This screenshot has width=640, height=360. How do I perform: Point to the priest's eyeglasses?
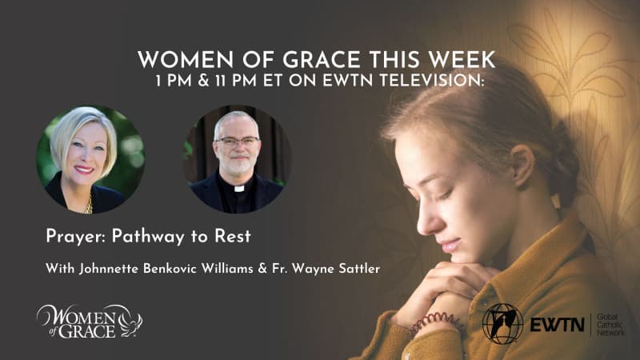tap(238, 142)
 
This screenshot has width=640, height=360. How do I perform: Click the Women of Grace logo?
tap(89, 319)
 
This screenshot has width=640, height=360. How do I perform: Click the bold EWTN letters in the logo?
tap(557, 324)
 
